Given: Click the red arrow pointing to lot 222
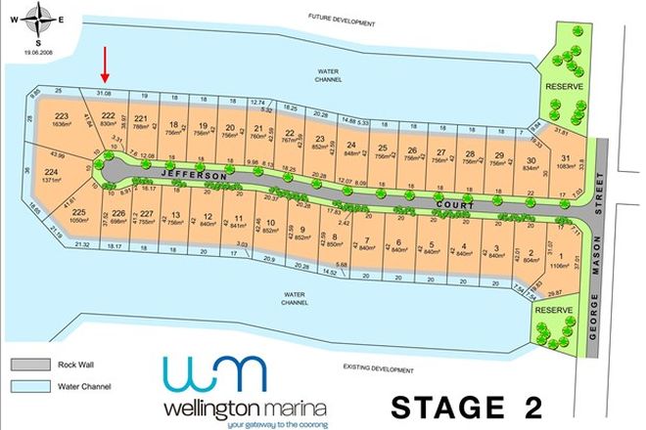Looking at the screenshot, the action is (106, 67).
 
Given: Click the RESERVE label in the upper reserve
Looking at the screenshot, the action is (564, 87).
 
